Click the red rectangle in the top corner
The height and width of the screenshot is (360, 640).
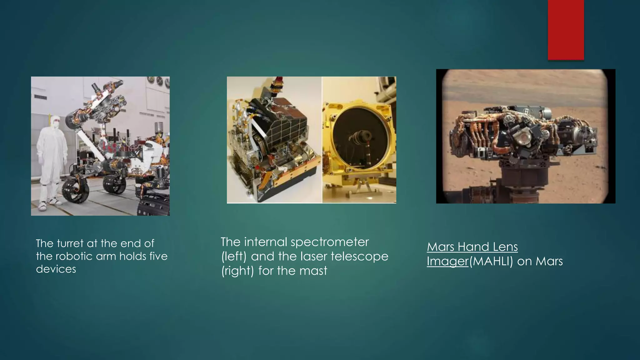point(566,30)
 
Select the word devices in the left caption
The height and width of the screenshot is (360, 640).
point(56,269)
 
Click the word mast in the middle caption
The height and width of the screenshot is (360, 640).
point(313,271)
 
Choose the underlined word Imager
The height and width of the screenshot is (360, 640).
point(447,262)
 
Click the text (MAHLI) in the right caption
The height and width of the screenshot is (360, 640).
point(491,261)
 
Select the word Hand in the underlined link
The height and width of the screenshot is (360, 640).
point(470,247)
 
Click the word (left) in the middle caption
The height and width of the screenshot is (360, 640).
point(234,257)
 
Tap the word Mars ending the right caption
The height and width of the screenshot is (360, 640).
point(549,261)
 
